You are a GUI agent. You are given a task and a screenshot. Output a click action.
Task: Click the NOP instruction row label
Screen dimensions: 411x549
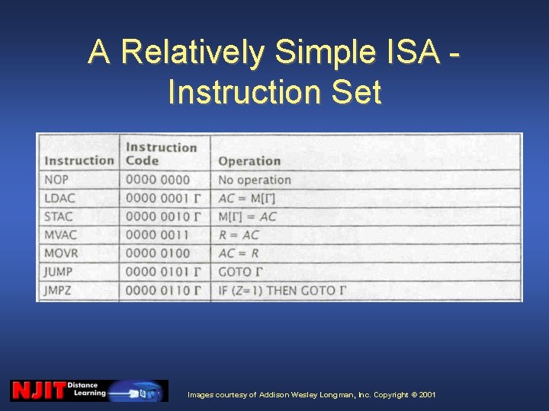[56, 180]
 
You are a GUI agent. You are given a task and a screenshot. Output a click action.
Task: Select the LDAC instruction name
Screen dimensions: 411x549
[59, 199]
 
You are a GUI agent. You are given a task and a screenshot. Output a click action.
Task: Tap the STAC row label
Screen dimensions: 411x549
[59, 217]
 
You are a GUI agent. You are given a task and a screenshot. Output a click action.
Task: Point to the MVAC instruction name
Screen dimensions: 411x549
[60, 235]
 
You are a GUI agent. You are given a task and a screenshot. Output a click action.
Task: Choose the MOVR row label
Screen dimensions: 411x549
[61, 253]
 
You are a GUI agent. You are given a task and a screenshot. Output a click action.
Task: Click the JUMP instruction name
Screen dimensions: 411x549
[59, 272]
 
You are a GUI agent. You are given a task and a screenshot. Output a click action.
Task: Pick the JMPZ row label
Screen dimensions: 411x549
[59, 290]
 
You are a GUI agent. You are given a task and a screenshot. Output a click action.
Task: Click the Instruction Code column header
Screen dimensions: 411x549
[161, 154]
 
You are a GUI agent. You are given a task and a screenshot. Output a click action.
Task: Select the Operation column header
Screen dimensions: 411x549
[249, 161]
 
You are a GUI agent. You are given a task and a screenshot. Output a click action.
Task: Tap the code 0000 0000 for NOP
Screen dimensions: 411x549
[158, 180]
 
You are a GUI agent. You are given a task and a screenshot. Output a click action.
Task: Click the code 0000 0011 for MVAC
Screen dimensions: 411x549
[158, 235]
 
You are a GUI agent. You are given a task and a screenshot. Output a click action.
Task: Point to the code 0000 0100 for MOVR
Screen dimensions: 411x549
[158, 253]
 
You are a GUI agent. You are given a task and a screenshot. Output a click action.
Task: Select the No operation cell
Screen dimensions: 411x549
[255, 180]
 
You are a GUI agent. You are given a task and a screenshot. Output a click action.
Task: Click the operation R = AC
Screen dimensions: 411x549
[239, 235]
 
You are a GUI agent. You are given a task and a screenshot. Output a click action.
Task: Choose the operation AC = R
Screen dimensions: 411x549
[239, 253]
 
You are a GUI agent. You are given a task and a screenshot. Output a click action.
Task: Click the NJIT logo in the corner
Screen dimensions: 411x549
[38, 390]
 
